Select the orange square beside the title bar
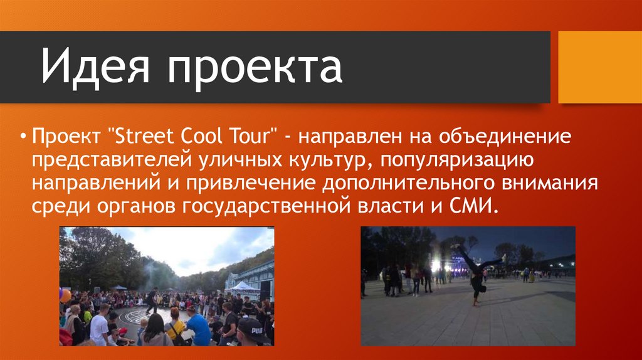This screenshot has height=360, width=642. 600,67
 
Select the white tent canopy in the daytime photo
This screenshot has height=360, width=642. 243,286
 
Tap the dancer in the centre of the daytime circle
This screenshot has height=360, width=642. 153,300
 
